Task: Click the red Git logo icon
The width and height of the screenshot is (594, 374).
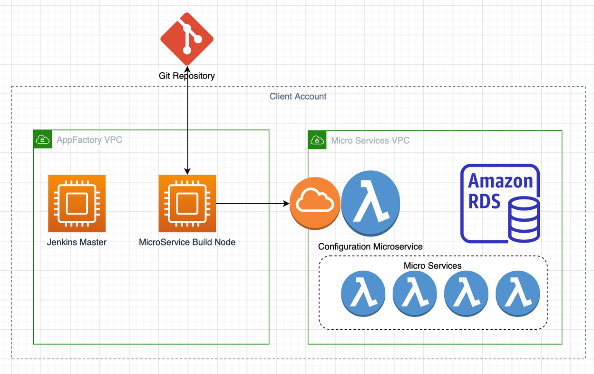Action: [x=187, y=39]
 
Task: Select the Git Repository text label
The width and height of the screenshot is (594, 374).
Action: [x=187, y=76]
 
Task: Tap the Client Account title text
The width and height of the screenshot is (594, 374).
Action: [x=298, y=97]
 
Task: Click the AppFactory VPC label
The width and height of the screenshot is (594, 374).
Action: [x=89, y=140]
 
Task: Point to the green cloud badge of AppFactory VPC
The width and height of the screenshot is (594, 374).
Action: [x=43, y=139]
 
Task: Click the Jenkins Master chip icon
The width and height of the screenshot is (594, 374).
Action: [x=77, y=204]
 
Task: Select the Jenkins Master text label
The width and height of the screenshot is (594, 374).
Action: [x=77, y=242]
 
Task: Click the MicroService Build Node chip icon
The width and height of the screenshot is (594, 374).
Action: [x=187, y=204]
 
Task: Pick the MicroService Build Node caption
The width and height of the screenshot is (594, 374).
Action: [x=187, y=242]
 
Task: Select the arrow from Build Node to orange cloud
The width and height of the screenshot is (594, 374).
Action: [x=252, y=204]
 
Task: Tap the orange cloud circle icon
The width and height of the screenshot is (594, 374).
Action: [x=315, y=204]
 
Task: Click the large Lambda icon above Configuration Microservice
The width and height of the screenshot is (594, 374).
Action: [x=371, y=204]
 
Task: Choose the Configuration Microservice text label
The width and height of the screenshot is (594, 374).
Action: [x=370, y=246]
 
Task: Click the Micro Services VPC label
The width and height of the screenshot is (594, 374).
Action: [x=370, y=140]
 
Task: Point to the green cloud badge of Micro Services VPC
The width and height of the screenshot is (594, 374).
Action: [x=317, y=140]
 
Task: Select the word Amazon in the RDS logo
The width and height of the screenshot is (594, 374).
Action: [x=501, y=181]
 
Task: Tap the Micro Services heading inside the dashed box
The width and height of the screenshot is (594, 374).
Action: [x=433, y=266]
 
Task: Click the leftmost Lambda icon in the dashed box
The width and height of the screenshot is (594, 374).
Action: [x=363, y=294]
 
